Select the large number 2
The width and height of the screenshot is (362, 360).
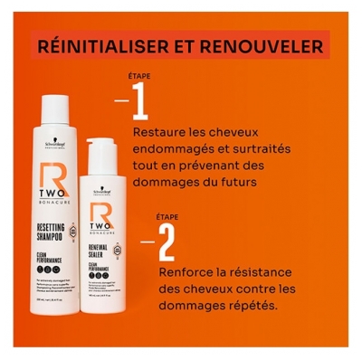click(166, 242)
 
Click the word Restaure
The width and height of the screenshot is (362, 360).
click(160, 134)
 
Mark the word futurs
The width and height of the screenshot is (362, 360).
click(233, 183)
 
